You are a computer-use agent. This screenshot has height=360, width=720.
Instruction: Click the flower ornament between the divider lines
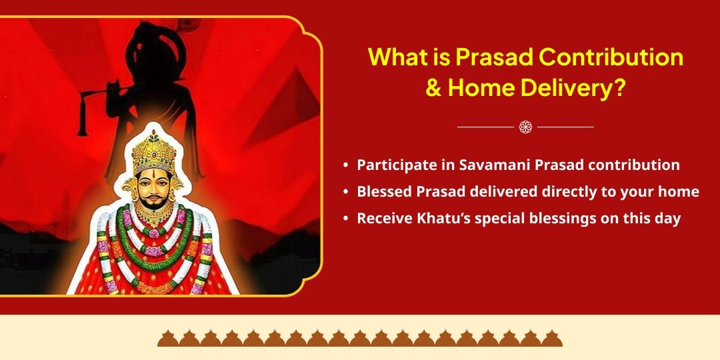[525, 127]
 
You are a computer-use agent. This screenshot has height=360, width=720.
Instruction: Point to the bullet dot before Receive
[345, 219]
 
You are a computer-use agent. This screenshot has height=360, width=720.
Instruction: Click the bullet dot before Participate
[345, 165]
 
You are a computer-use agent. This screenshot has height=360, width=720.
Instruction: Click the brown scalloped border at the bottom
[360, 338]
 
